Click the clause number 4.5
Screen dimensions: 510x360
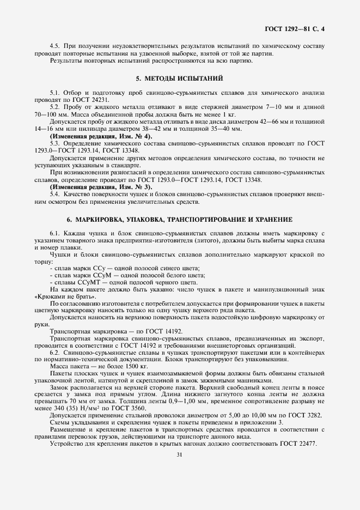point(54,46)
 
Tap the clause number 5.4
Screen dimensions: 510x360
point(54,194)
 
